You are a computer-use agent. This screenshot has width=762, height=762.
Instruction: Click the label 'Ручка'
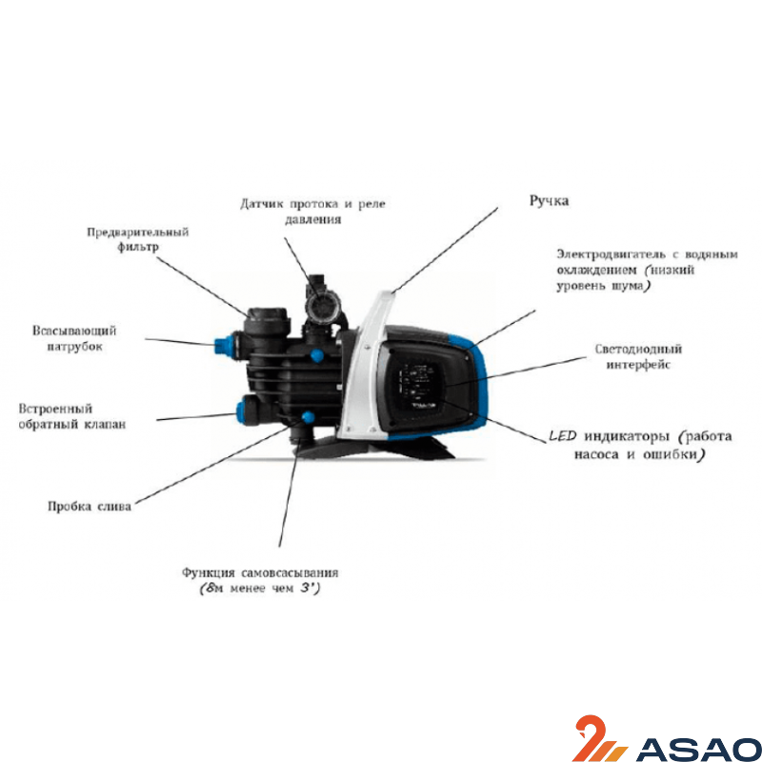pyautogui.click(x=549, y=201)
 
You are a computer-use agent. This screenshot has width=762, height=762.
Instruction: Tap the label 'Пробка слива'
pyautogui.click(x=90, y=507)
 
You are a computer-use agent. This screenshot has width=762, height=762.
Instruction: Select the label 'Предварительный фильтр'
pyautogui.click(x=137, y=239)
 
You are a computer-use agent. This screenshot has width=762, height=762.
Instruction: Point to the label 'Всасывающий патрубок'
pyautogui.click(x=74, y=338)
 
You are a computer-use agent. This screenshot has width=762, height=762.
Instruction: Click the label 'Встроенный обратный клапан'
pyautogui.click(x=72, y=416)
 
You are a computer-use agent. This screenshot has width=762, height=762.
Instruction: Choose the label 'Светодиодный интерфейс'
pyautogui.click(x=638, y=356)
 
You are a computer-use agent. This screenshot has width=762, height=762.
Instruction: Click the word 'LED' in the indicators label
pyautogui.click(x=562, y=436)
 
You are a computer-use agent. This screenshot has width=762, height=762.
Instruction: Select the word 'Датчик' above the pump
pyautogui.click(x=261, y=204)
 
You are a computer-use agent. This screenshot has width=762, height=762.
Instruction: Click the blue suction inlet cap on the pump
pyautogui.click(x=222, y=345)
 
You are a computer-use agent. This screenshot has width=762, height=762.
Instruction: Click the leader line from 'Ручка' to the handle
pyautogui.click(x=444, y=251)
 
